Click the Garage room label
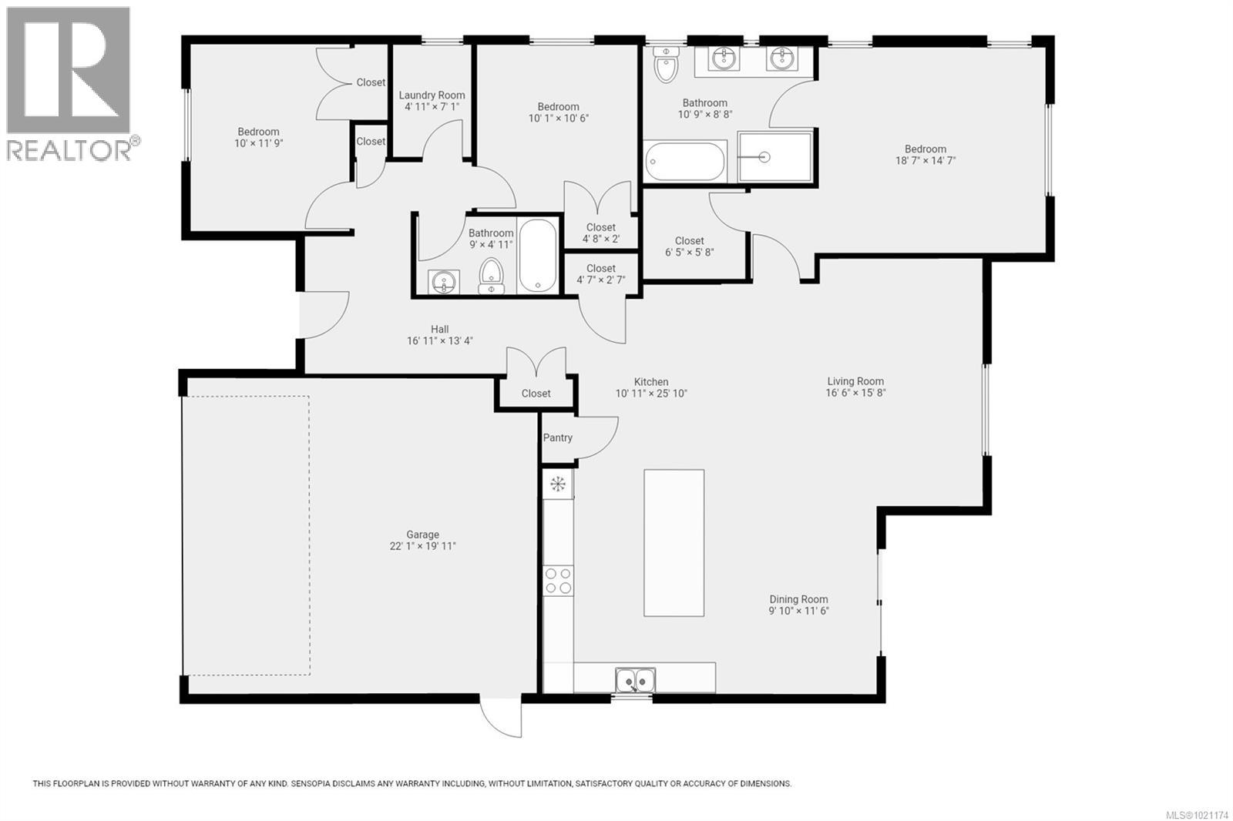coord(422,534)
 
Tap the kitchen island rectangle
coord(674,542)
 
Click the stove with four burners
coord(558,580)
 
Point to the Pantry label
coord(557,437)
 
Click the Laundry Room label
coord(432,96)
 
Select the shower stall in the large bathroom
coord(774,157)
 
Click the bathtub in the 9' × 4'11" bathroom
coord(537,256)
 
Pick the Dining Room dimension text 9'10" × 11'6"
coord(798,611)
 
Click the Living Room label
coord(855,381)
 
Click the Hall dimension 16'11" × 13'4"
coord(439,340)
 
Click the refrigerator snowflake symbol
coord(557,484)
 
